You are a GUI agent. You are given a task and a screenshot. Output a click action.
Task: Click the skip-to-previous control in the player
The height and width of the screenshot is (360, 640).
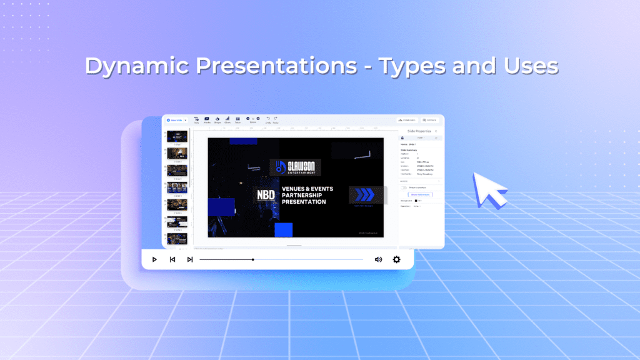click(172, 259)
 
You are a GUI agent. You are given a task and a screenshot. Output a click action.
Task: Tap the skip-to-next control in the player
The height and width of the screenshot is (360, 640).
click(189, 259)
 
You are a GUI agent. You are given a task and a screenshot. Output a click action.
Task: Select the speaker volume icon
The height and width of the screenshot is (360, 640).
click(378, 259)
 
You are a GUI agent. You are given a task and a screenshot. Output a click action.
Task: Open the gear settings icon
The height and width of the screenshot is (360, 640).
click(396, 259)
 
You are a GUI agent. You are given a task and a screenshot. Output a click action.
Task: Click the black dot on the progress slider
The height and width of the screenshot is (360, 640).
click(252, 259)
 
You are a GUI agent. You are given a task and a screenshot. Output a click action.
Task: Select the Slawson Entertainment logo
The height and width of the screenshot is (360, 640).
click(296, 167)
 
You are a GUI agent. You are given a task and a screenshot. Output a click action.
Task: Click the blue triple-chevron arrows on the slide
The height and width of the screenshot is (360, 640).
click(364, 194)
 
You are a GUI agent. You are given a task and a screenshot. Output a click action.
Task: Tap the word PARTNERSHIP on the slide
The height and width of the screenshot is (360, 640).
click(304, 195)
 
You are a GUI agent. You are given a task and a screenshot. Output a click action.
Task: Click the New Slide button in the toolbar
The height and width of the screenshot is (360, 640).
click(176, 120)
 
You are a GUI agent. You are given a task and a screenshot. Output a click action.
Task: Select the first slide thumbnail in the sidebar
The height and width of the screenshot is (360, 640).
click(177, 137)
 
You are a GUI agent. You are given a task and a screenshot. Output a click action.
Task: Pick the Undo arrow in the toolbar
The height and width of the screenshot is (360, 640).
click(268, 119)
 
